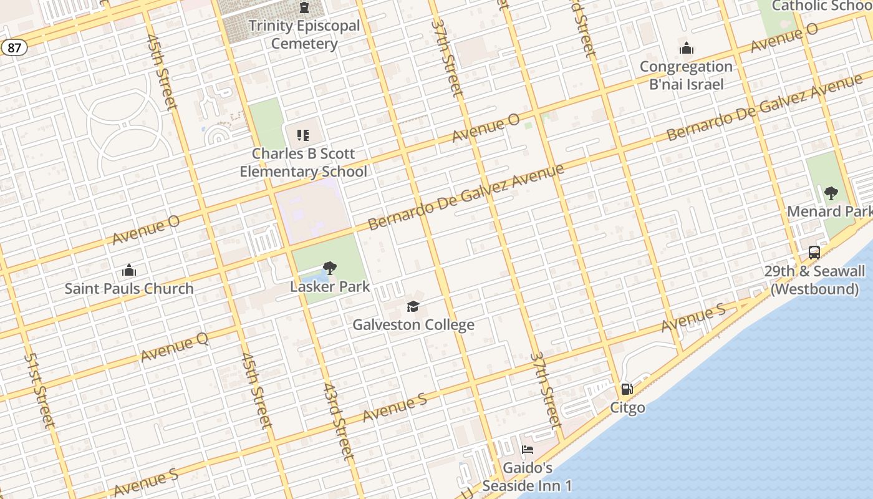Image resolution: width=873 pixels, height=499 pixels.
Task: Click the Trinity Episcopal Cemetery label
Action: point(304,35)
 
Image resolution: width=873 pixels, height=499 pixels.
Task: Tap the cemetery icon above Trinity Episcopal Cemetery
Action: point(304,8)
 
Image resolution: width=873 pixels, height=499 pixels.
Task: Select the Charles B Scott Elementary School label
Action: point(304,163)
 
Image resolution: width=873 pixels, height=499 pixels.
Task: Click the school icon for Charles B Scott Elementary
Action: point(303,135)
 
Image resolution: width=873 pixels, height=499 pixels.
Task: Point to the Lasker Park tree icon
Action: point(330,268)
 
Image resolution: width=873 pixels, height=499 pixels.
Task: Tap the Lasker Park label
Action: point(330,287)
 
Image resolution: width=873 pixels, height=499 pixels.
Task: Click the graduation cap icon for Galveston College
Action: point(413,306)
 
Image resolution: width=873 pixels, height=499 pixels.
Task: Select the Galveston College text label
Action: point(413,325)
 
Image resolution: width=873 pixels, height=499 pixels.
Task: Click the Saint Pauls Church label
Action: point(129,289)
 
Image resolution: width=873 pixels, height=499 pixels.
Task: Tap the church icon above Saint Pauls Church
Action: point(129,270)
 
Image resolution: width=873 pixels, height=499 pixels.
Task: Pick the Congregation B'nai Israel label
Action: point(686,75)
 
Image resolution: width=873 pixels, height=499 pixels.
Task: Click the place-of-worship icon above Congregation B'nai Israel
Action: point(687,48)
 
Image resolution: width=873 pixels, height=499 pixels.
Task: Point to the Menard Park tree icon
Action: point(831,193)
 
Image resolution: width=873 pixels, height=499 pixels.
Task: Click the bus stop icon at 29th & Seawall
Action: point(814,253)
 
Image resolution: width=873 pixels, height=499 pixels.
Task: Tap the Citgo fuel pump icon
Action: point(627,389)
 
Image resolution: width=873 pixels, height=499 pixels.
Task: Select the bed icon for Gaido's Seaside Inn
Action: point(528,450)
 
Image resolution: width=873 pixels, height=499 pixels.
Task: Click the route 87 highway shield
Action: point(14,47)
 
